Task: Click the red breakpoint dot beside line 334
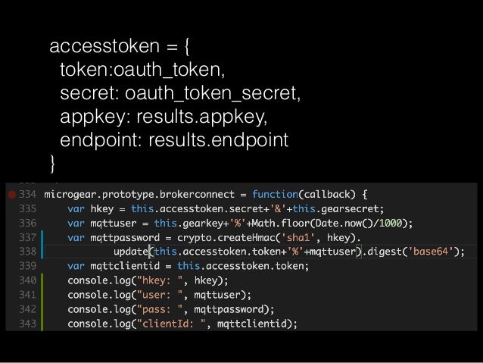[11, 193]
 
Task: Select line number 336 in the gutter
[29, 222]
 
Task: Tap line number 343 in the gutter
[29, 324]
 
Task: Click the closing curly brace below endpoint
[52, 161]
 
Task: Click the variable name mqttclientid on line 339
[126, 265]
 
